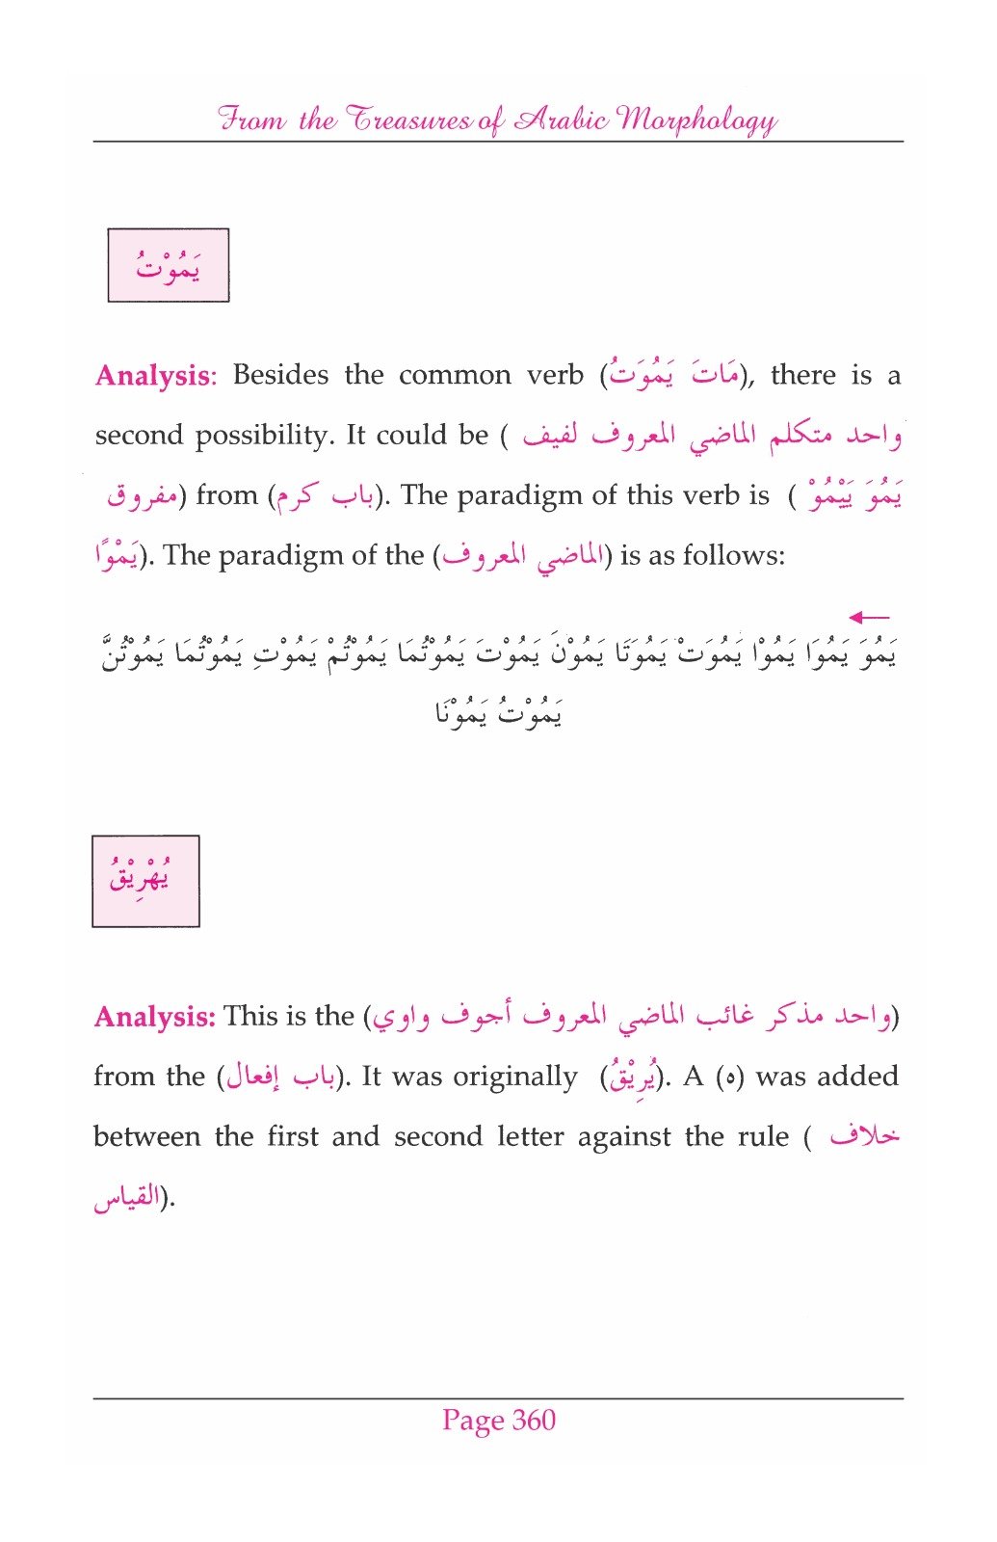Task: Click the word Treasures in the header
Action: (408, 120)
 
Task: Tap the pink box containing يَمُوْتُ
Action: (169, 265)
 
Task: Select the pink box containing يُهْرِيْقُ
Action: (145, 881)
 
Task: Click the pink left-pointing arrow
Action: (869, 617)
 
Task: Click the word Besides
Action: (280, 375)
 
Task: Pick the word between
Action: (145, 1136)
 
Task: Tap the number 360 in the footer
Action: (534, 1420)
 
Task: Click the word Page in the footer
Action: (473, 1421)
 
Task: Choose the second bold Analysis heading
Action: (154, 1017)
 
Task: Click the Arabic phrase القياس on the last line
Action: (126, 1198)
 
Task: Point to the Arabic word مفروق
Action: (143, 496)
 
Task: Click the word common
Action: (455, 375)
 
